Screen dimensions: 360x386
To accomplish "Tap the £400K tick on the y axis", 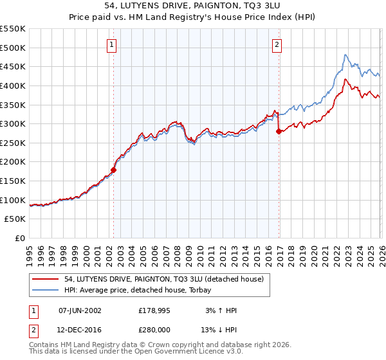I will click(x=13, y=85).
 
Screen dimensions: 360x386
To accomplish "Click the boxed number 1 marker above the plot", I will click(x=112, y=44).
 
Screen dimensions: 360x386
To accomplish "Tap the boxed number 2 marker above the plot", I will click(x=277, y=44).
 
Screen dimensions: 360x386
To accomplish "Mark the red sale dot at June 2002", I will click(x=114, y=170).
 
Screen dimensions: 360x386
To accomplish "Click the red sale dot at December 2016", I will click(x=279, y=132).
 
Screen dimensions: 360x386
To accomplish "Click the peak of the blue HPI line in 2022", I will click(x=345, y=55).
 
